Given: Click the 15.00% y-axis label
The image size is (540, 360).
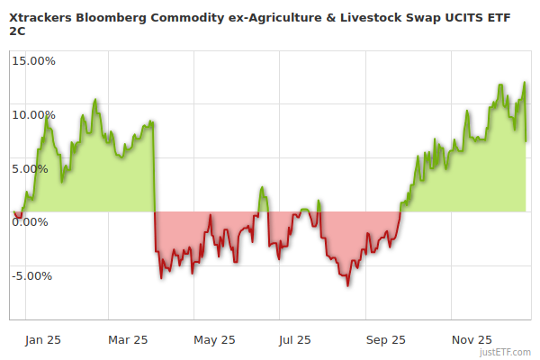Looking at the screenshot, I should [32, 60].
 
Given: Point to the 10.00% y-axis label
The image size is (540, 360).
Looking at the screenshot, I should [32, 114].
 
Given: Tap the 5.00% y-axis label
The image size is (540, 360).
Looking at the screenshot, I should [35, 168].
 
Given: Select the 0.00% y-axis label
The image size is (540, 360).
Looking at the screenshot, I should [35, 221].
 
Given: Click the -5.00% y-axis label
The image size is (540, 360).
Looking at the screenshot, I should [33, 275].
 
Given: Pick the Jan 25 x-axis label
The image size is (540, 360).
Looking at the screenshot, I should [42, 339].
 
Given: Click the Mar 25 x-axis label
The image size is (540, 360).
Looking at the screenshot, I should [127, 339].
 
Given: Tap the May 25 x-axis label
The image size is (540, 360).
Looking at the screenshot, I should [214, 339].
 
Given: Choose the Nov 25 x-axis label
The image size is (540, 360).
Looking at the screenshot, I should [471, 339].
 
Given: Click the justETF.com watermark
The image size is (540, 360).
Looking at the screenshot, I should [506, 352].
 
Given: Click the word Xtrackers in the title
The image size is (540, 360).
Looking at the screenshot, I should [41, 15].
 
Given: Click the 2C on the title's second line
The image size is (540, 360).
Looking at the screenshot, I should [17, 31].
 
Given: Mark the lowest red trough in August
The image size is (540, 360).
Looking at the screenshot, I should [347, 285].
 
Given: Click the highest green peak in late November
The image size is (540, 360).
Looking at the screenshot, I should [524, 83].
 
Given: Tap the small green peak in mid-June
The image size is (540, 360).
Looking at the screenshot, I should [262, 188].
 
